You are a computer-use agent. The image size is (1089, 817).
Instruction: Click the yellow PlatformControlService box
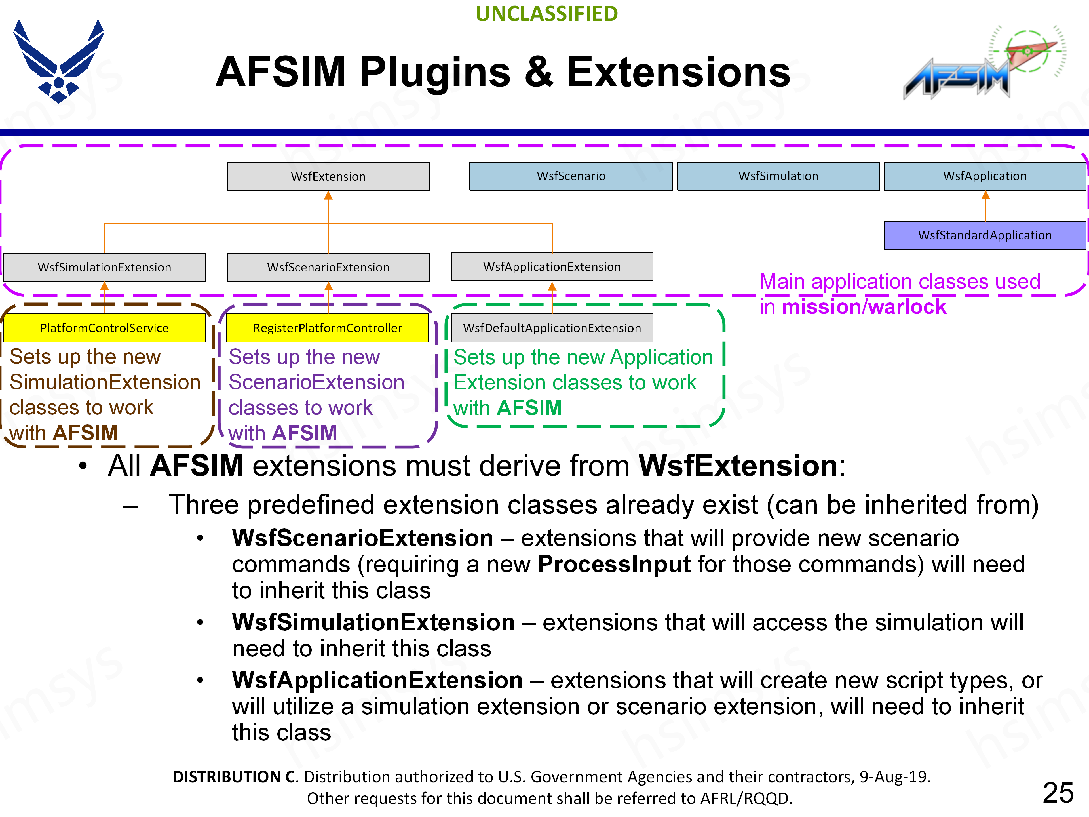point(104,328)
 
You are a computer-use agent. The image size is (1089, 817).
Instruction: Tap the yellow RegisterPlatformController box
point(327,328)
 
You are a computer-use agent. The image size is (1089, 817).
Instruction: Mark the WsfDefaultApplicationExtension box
point(552,328)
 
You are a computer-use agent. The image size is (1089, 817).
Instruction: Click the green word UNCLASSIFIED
point(546,14)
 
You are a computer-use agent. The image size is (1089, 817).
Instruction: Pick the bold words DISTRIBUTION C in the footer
point(234,777)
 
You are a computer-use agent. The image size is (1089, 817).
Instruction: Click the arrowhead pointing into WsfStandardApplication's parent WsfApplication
point(985,195)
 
